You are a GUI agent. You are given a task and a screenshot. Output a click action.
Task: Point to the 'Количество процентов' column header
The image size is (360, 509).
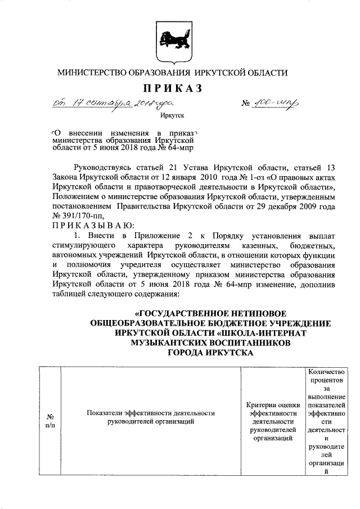(x=322, y=376)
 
